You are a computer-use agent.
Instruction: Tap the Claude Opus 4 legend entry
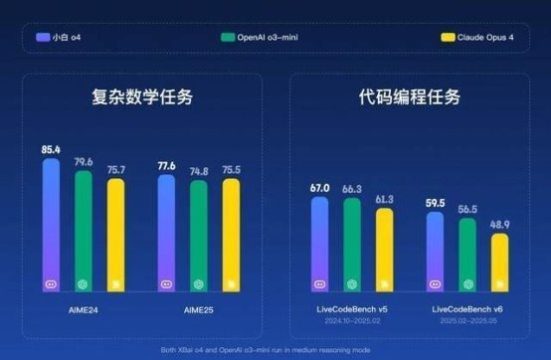point(476,37)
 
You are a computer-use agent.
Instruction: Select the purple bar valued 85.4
point(51,224)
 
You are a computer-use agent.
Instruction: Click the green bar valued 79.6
point(83,231)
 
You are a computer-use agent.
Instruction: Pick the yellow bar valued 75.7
point(115,235)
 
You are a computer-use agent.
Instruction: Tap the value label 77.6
point(165,166)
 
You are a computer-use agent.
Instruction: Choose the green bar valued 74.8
point(199,236)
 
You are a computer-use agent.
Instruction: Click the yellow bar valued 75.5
point(231,235)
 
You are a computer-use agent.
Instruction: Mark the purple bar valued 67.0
point(319,244)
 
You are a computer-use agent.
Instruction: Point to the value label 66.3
point(352,188)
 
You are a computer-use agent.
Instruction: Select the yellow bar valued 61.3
point(384,250)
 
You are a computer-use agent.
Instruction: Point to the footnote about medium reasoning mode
point(275,350)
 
